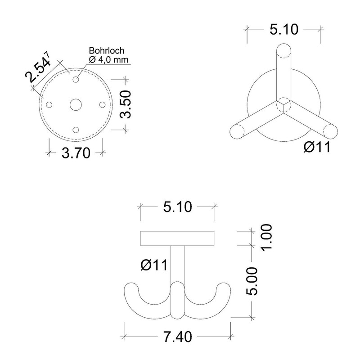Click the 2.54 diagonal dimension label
tap(38, 67)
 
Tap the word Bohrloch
tap(107, 50)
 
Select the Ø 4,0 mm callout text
tap(108, 60)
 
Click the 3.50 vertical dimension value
tap(126, 104)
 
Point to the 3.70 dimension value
tap(76, 153)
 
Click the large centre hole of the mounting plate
tap(76, 105)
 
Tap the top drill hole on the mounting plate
tap(76, 80)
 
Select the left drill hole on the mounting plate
tap(49, 105)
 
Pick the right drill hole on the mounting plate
tap(103, 105)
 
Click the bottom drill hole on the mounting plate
tap(76, 130)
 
